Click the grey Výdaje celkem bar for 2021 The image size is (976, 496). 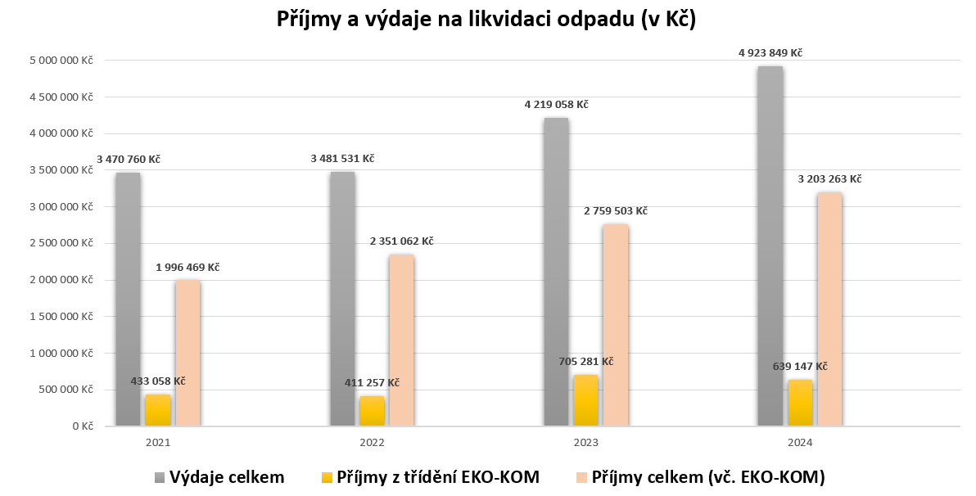click(128, 300)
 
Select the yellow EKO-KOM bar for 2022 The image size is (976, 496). click(372, 411)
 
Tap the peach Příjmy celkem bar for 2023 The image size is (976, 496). click(616, 325)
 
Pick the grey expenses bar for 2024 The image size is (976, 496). click(770, 246)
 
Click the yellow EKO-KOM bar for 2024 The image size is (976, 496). click(800, 403)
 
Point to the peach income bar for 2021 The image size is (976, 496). click(188, 353)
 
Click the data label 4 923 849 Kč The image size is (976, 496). click(770, 53)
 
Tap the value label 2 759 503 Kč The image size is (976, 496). click(615, 211)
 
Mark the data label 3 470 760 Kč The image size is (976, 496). click(128, 159)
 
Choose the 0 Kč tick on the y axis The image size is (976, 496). click(82, 426)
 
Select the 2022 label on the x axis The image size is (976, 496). click(372, 442)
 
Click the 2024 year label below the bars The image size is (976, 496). click(800, 442)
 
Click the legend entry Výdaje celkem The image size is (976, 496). click(227, 477)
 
